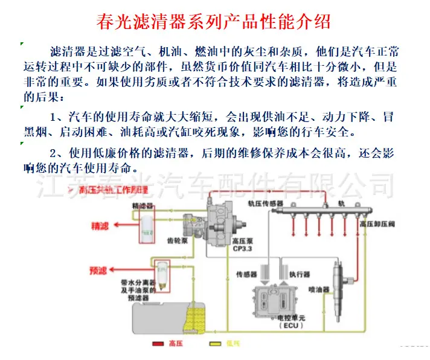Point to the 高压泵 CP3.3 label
point(242,244)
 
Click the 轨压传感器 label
point(266,204)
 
